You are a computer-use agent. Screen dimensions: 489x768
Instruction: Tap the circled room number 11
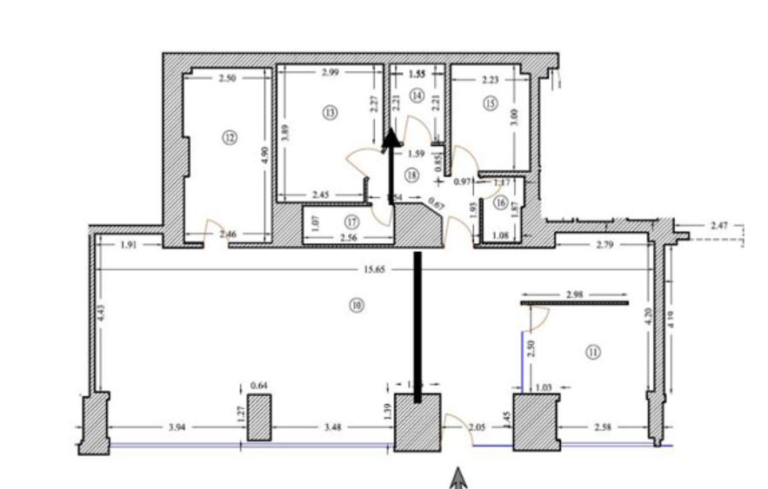point(593,352)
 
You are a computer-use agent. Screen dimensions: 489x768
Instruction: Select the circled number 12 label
point(230,137)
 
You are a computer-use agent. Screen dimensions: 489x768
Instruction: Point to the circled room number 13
point(328,111)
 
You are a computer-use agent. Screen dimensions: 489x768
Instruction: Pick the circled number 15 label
point(490,102)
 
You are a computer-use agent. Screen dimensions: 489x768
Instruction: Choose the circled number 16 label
point(500,202)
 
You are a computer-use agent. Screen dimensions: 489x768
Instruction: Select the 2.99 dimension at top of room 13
point(330,73)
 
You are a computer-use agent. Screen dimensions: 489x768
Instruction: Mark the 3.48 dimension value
point(332,426)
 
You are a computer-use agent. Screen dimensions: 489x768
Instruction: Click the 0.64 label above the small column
point(258,385)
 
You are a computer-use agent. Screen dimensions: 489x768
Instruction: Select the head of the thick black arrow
point(391,136)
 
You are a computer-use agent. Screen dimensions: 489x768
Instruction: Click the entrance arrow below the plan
point(458,476)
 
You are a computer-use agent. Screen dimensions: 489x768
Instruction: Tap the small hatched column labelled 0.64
point(259,418)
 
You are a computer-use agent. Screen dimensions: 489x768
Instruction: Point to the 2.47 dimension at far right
point(721,225)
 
